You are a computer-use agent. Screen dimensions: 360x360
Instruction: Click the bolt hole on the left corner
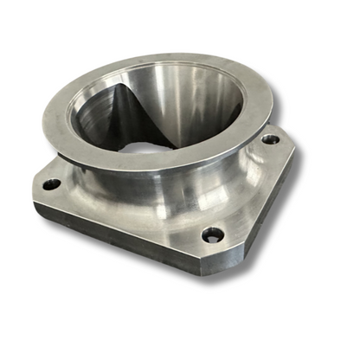pos(52,184)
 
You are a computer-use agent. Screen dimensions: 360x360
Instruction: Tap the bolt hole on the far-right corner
pos(270,138)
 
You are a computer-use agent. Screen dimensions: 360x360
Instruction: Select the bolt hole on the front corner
pos(212,234)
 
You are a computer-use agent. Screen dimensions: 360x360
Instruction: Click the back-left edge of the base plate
pos(61,164)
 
